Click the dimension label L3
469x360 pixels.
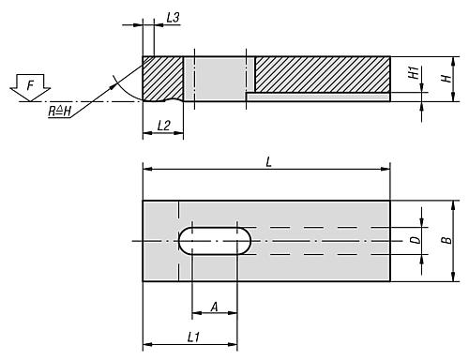(x=172, y=18)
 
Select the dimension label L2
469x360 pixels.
(x=162, y=125)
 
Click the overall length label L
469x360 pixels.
(x=268, y=162)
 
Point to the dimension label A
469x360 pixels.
(x=215, y=305)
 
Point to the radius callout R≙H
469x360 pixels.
(x=61, y=111)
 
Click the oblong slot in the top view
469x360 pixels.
(x=215, y=241)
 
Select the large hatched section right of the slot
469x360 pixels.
(x=322, y=74)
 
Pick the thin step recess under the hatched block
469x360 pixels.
(x=319, y=97)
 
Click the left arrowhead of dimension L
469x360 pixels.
(x=146, y=169)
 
